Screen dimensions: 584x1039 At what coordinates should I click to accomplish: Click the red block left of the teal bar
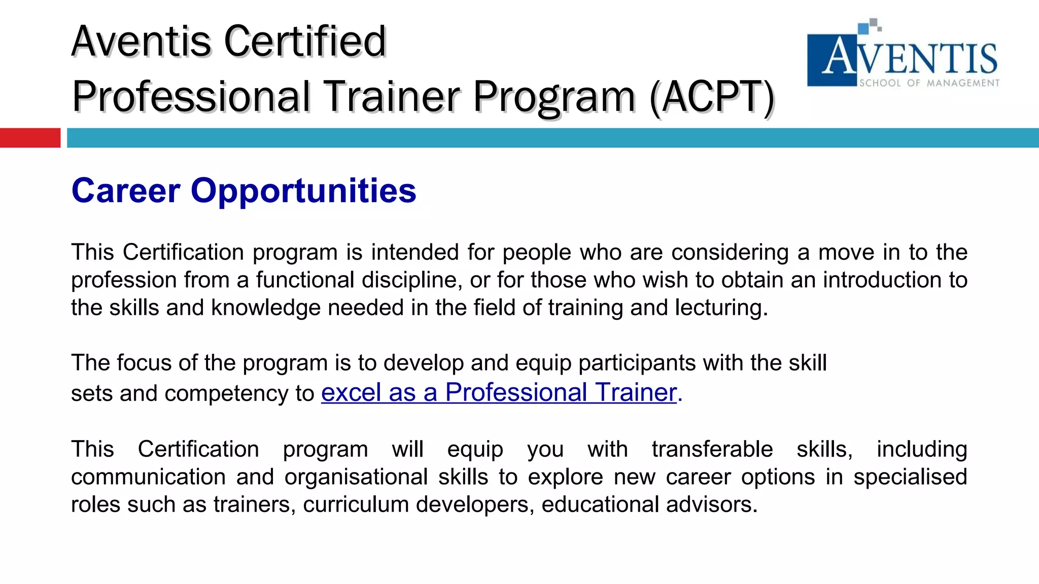[x=30, y=138]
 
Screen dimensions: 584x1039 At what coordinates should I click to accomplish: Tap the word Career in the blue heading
[x=126, y=191]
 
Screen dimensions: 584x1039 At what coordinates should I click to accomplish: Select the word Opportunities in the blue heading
[x=303, y=191]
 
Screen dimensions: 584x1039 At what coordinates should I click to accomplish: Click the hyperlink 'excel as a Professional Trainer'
[x=499, y=392]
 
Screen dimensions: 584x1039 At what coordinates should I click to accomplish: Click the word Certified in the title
[x=305, y=42]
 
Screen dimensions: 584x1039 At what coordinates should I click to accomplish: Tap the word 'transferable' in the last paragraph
[x=712, y=450]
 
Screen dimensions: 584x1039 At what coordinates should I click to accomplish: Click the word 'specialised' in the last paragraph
[x=910, y=477]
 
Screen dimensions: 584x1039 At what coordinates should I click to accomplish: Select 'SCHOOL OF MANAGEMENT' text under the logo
[x=929, y=83]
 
